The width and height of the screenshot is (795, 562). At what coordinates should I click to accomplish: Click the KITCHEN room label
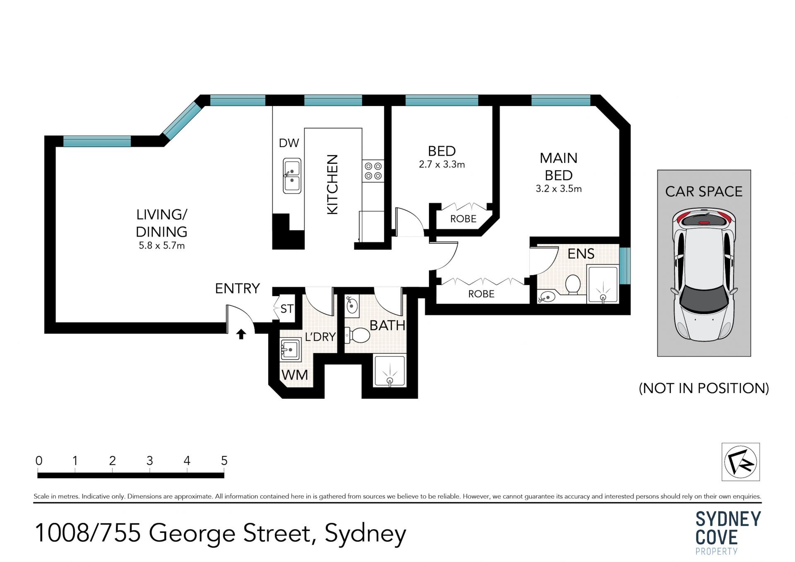click(332, 184)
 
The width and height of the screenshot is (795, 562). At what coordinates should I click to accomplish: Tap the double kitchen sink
click(292, 176)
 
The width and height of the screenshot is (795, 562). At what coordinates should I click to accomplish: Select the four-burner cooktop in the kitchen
click(373, 171)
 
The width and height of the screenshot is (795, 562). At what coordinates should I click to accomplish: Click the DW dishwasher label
click(289, 143)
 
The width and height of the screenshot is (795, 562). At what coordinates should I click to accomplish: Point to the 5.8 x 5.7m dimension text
click(162, 246)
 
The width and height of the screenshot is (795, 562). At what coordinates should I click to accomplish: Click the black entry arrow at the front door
click(241, 334)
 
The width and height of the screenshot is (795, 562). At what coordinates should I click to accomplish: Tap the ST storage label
click(287, 309)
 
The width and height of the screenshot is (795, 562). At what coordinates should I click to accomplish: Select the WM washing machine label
click(295, 375)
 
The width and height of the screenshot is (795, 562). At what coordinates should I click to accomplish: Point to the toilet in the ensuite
click(573, 285)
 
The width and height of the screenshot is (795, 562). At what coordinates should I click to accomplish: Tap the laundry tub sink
click(290, 350)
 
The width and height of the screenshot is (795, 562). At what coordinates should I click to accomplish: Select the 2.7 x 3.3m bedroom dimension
click(442, 164)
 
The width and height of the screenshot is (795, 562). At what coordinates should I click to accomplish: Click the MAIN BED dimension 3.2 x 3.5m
click(559, 189)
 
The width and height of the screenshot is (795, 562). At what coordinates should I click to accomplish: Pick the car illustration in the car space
click(704, 275)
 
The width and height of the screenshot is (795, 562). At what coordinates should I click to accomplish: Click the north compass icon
click(741, 462)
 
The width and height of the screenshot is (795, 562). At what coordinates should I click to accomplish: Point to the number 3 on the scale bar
click(149, 461)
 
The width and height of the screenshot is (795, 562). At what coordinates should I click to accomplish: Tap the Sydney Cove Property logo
click(728, 533)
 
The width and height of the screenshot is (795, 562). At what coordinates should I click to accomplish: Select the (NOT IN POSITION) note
click(704, 388)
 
